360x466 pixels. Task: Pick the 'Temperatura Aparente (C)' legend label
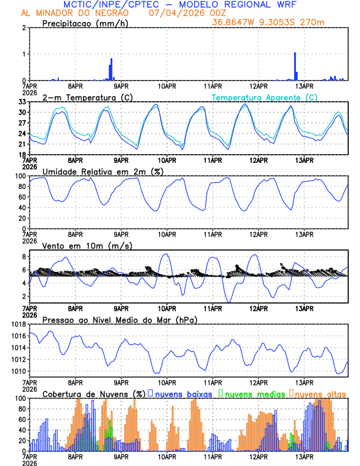264,97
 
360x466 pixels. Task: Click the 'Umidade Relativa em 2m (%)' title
103,171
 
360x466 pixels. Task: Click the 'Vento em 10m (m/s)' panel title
87,245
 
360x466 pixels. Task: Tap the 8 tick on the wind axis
25,257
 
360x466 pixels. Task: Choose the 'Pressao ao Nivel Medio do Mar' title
119,319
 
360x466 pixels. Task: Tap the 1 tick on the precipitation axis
25,54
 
